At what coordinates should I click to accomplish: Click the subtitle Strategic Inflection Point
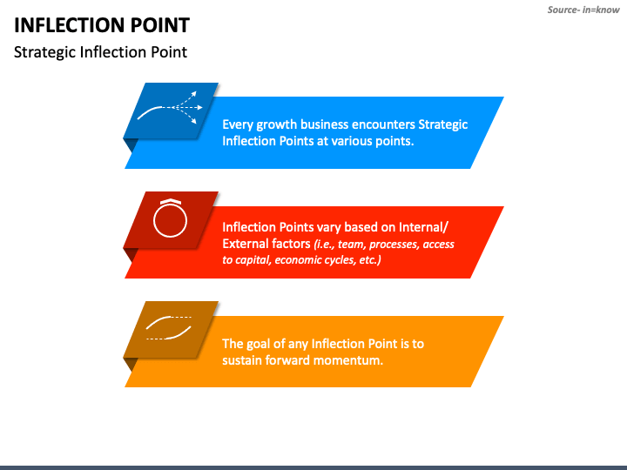(x=100, y=52)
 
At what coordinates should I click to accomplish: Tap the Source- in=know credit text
(x=583, y=10)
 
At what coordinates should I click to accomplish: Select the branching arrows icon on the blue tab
(x=172, y=109)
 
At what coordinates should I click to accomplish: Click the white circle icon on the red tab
(x=170, y=219)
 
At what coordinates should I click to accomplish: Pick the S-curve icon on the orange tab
(x=169, y=328)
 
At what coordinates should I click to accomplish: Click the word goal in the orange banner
(x=261, y=343)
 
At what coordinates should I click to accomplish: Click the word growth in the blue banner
(x=278, y=124)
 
